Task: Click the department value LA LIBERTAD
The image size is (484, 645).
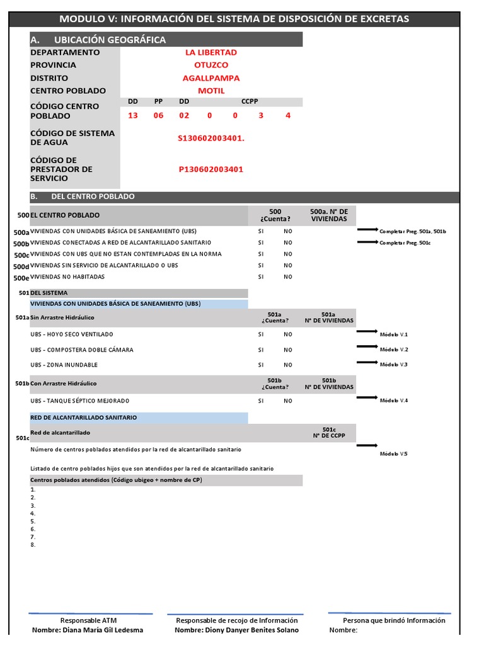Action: (x=210, y=52)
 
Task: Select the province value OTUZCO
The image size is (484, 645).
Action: (x=210, y=65)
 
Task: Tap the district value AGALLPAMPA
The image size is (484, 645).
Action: (x=210, y=78)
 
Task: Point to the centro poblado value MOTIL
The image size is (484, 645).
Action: (x=210, y=91)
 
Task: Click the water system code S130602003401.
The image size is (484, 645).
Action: (x=210, y=138)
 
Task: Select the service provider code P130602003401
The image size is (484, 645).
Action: (x=210, y=169)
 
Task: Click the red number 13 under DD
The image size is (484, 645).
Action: (x=133, y=116)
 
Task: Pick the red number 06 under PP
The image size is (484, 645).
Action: (x=158, y=116)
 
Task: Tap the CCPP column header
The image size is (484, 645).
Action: (x=250, y=101)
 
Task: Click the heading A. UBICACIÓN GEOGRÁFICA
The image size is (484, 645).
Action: (x=98, y=40)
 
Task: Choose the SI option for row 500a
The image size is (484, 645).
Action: (x=261, y=231)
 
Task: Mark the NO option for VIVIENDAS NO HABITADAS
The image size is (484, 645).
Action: (x=288, y=277)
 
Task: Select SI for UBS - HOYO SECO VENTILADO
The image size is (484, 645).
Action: (x=261, y=334)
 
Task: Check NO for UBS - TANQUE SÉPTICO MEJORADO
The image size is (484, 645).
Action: (x=288, y=401)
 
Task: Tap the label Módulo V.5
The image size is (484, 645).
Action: (x=394, y=454)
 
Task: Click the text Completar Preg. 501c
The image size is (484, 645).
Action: (x=404, y=243)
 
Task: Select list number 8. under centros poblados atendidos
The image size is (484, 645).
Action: (x=33, y=545)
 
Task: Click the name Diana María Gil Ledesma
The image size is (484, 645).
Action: (x=88, y=630)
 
